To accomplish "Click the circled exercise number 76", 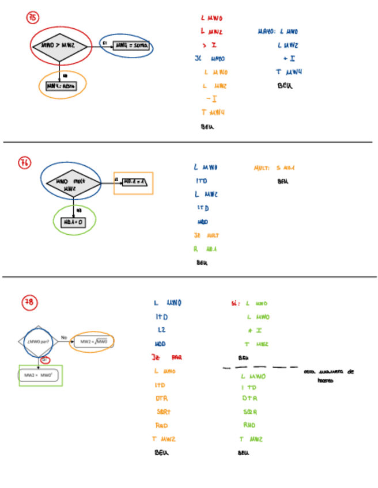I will tap(25, 163).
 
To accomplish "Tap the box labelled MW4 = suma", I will tap(131, 45).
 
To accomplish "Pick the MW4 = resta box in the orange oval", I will tap(62, 85).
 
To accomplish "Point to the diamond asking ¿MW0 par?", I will tap(37, 341).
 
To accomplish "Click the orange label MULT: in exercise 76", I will tap(262, 168).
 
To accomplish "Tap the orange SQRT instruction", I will tap(163, 412).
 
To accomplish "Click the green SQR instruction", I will tap(250, 412).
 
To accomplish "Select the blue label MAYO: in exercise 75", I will tap(265, 32).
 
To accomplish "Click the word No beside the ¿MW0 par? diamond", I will tap(65, 338).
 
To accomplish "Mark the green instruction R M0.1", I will tap(205, 249).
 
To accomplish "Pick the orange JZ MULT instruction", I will tap(206, 235).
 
